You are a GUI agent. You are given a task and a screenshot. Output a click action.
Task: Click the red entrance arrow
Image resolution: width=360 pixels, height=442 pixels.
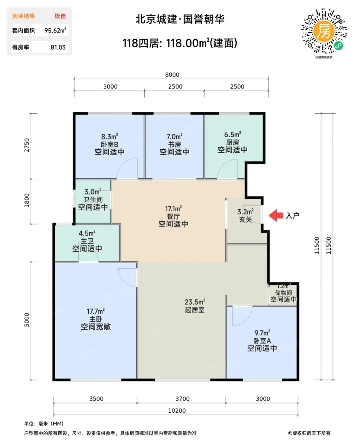[x=276, y=215]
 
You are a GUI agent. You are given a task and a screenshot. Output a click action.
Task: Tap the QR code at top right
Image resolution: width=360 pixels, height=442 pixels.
[x=324, y=31]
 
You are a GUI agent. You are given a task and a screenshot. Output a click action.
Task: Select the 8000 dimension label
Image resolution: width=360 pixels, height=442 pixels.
[x=172, y=75]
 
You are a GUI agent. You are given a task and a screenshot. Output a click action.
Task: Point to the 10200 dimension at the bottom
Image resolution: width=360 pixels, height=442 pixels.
[x=177, y=410]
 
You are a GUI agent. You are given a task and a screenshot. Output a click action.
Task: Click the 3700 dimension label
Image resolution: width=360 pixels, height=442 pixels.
[x=182, y=399]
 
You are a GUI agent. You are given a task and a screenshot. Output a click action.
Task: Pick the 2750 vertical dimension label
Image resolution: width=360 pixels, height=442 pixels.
[x=27, y=145]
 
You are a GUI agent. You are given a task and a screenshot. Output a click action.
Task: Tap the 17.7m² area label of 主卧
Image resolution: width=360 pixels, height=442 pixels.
[x=96, y=311]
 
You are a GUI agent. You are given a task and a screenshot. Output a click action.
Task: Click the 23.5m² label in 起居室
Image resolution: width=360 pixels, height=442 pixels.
[x=195, y=302]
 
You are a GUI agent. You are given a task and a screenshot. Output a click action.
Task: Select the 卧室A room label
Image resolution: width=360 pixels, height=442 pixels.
[x=262, y=341]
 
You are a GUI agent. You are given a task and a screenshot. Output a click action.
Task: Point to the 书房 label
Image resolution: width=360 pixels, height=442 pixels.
[x=174, y=144]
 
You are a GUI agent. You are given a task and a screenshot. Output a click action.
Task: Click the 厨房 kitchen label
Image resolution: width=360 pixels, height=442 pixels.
[x=233, y=142]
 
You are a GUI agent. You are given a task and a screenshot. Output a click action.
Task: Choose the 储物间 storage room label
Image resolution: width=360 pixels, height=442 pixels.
[x=283, y=293]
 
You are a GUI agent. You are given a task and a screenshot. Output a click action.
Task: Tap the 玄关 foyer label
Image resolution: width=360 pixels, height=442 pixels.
[x=245, y=219]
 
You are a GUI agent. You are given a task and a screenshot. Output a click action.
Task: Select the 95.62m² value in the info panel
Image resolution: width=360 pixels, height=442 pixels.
[x=55, y=30]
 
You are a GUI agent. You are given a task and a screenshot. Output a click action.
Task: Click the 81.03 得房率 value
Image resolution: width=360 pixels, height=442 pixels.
[x=58, y=47]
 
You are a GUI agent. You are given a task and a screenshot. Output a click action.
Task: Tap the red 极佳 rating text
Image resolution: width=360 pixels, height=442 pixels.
[x=60, y=16]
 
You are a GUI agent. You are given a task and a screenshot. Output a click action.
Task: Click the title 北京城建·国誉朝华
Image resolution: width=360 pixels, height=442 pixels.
[x=180, y=19]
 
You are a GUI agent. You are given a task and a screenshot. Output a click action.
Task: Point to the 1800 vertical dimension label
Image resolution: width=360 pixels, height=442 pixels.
[x=27, y=200]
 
